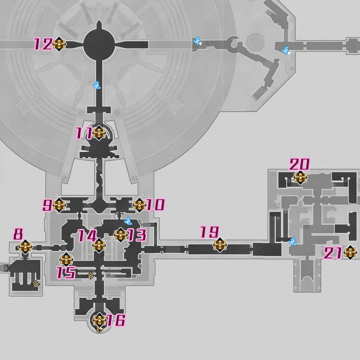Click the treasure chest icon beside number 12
click(59, 44)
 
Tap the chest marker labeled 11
click(99, 133)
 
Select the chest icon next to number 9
click(59, 205)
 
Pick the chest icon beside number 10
click(139, 205)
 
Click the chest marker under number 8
click(25, 247)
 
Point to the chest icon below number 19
click(220, 245)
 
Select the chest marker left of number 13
click(120, 235)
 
